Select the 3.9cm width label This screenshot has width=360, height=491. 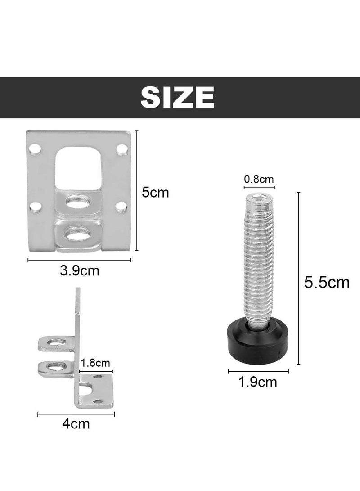79,271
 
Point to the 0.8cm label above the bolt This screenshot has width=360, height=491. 259,179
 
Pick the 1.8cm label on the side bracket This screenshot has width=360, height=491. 95,363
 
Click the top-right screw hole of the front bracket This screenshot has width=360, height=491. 121,149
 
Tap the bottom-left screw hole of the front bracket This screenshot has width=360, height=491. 36,207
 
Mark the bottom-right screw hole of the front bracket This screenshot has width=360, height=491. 121,207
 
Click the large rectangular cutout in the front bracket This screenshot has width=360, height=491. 77,167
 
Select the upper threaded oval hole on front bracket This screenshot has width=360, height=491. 77,201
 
